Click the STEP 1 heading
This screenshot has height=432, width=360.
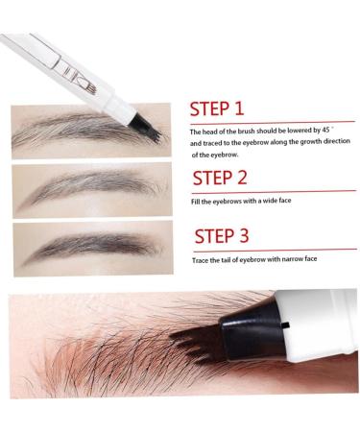[x=217, y=108]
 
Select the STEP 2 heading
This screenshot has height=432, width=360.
[x=220, y=178]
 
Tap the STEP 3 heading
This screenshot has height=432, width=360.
[x=222, y=236]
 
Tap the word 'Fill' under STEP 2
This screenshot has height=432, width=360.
[x=196, y=202]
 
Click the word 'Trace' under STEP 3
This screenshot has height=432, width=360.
[x=201, y=260]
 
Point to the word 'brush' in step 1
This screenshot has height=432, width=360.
[x=246, y=131]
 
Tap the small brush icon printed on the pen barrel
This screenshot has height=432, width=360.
[x=91, y=86]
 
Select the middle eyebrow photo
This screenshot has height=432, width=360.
[x=92, y=190]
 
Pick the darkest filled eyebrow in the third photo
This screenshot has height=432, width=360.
[x=93, y=247]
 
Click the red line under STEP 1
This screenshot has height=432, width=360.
[x=273, y=123]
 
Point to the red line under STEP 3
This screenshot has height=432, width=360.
[x=275, y=251]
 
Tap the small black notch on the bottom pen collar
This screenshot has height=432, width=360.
[x=286, y=325]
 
